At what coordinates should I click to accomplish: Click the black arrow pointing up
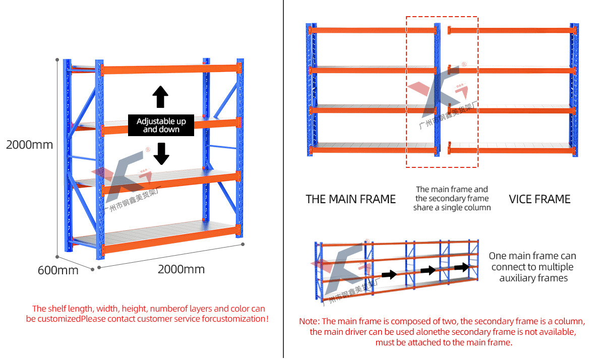[x=160, y=97]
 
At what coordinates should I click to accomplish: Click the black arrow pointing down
[x=161, y=154]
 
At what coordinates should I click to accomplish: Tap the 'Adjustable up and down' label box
[x=161, y=126]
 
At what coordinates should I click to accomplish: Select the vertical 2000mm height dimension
[x=29, y=145]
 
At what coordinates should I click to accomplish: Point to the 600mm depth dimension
[x=58, y=270]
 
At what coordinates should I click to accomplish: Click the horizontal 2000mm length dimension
[x=181, y=269]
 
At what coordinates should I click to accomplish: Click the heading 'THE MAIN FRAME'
[x=350, y=199]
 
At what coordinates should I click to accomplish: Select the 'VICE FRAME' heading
[x=540, y=199]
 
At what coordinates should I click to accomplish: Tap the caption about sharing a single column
[x=452, y=198]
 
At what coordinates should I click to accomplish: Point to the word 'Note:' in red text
[x=309, y=321]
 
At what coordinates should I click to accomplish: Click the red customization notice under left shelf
[x=147, y=314]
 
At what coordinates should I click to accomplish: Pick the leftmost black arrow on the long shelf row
[x=389, y=275]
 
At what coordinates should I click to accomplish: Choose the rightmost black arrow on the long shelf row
[x=461, y=267]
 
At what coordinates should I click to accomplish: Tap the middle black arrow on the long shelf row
[x=428, y=271]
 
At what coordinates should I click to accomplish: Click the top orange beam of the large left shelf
[x=169, y=69]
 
